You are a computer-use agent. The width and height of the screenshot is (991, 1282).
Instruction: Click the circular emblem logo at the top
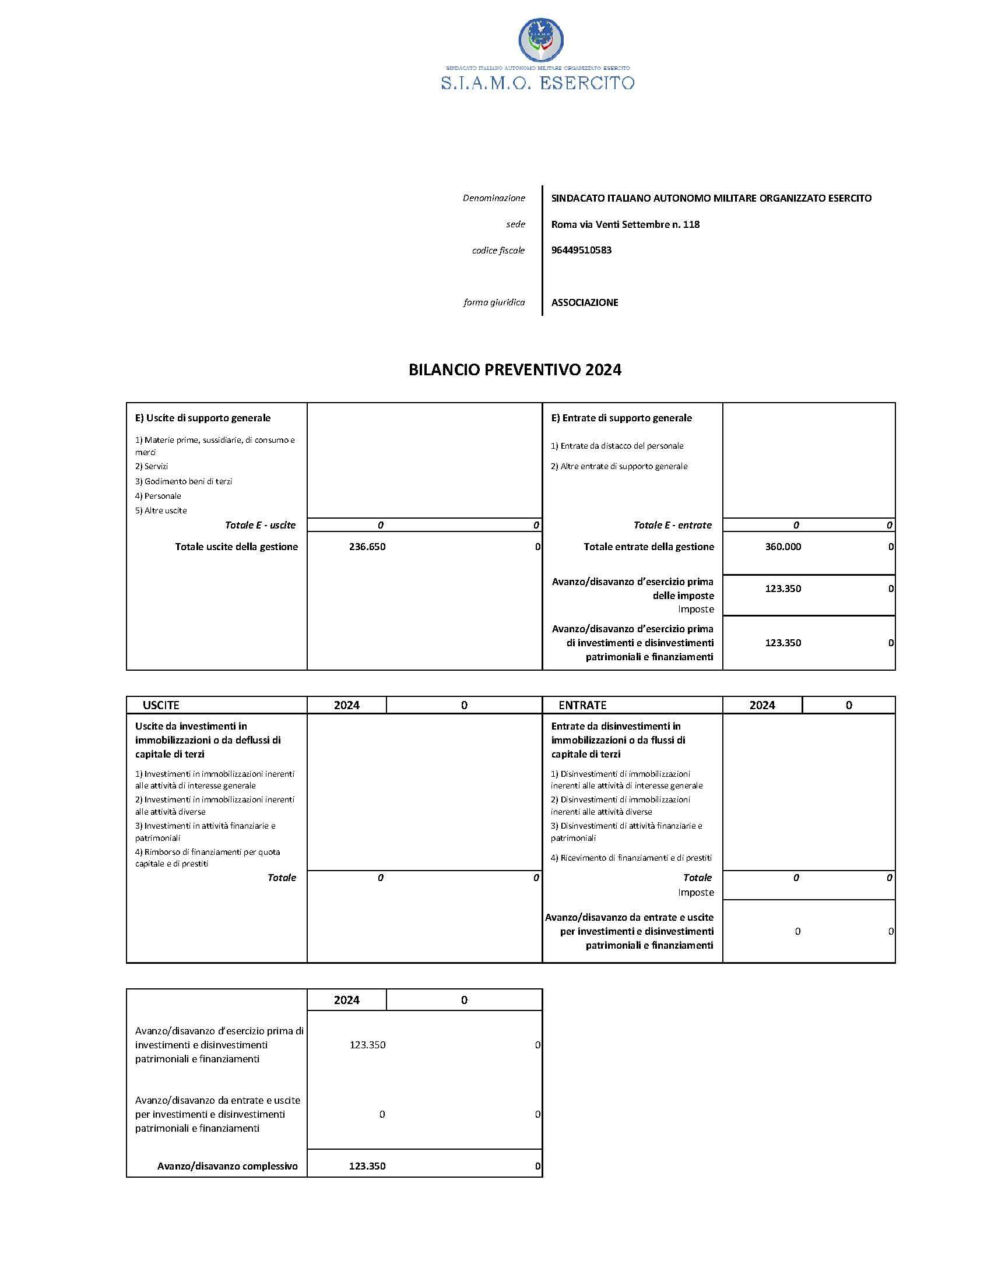pos(541,39)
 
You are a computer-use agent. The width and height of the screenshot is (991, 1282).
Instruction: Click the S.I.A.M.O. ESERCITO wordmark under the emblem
pos(538,83)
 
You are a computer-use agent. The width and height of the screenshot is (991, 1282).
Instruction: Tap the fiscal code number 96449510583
pos(581,250)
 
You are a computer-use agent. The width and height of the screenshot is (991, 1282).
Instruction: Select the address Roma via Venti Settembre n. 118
pos(625,224)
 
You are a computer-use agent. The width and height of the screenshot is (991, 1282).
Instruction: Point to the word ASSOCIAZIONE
pos(585,303)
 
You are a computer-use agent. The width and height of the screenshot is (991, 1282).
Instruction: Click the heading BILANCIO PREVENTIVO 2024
pos(515,370)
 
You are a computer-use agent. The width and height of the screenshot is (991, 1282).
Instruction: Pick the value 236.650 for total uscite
pos(367,547)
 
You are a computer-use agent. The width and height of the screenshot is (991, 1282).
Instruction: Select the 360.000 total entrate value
pos(782,547)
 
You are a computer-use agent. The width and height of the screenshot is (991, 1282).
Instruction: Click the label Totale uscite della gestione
pos(236,547)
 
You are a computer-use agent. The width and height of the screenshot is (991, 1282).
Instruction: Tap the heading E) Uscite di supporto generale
pos(202,418)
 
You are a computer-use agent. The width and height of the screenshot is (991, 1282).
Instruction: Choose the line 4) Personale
pos(158,496)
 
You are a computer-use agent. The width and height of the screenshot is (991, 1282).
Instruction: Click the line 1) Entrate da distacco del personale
pos(617,446)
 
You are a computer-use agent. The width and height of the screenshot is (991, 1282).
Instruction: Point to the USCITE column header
pos(161,705)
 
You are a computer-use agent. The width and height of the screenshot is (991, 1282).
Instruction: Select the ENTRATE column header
pos(582,705)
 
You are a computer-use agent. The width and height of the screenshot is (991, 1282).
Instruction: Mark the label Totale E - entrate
pos(672,526)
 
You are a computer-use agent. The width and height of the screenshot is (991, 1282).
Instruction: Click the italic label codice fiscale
pos(498,251)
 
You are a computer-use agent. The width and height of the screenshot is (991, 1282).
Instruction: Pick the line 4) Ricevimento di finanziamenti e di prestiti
pos(631,858)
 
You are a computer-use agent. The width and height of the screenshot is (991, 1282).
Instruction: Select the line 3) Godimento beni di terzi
pos(184,481)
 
